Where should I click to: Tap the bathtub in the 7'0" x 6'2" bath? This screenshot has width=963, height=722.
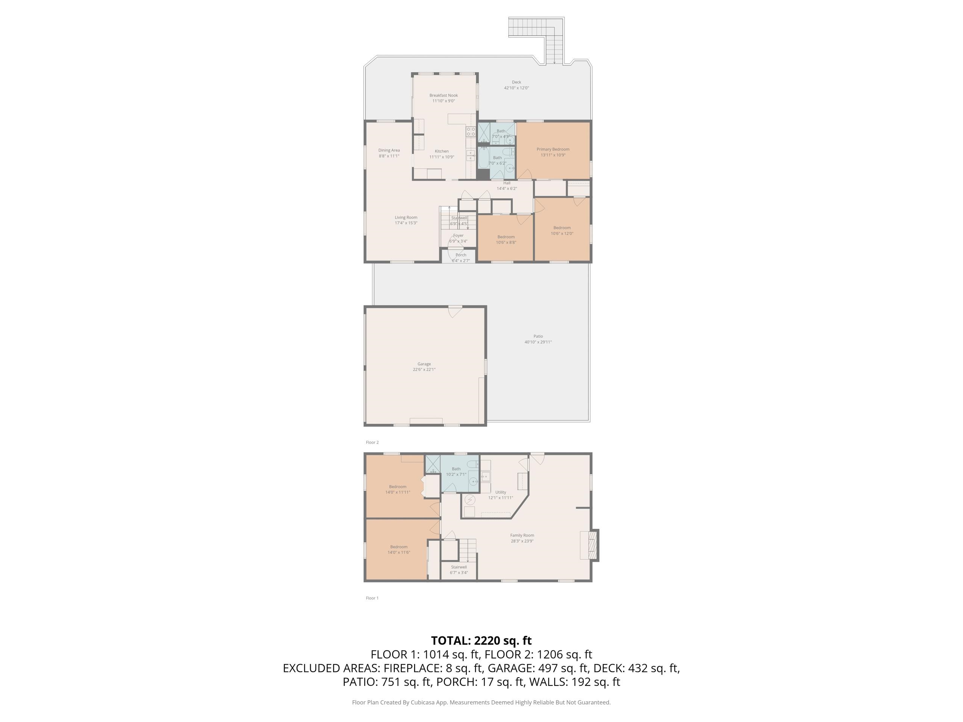[484, 158]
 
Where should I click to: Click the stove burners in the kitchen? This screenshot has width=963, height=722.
[471, 132]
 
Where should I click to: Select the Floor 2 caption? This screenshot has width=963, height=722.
[372, 443]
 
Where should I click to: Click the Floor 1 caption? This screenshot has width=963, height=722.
[372, 598]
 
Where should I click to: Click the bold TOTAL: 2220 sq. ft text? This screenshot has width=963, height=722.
[481, 641]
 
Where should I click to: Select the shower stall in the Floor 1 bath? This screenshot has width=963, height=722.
[433, 464]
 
